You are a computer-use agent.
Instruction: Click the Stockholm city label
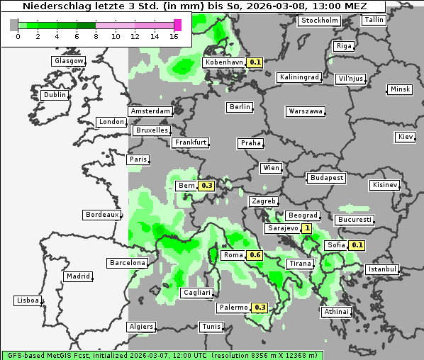[x=318, y=21]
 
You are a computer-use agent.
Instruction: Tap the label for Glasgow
[x=69, y=61]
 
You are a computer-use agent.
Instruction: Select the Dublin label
[x=54, y=95]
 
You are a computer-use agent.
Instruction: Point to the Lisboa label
[x=27, y=300]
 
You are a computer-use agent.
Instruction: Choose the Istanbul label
[x=383, y=270]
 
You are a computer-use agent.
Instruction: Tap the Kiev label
[x=406, y=137]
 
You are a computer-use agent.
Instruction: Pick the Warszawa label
[x=306, y=111]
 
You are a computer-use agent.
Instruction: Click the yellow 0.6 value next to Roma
[x=255, y=255]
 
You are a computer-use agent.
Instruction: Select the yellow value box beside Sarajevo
[x=306, y=229]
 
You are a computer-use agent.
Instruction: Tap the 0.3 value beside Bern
[x=207, y=186]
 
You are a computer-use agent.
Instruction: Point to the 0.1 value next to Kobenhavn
[x=255, y=62]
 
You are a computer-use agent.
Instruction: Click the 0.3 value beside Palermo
[x=260, y=308]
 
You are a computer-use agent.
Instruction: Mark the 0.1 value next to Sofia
[x=357, y=245]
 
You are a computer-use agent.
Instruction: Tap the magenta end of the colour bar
[x=178, y=25]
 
